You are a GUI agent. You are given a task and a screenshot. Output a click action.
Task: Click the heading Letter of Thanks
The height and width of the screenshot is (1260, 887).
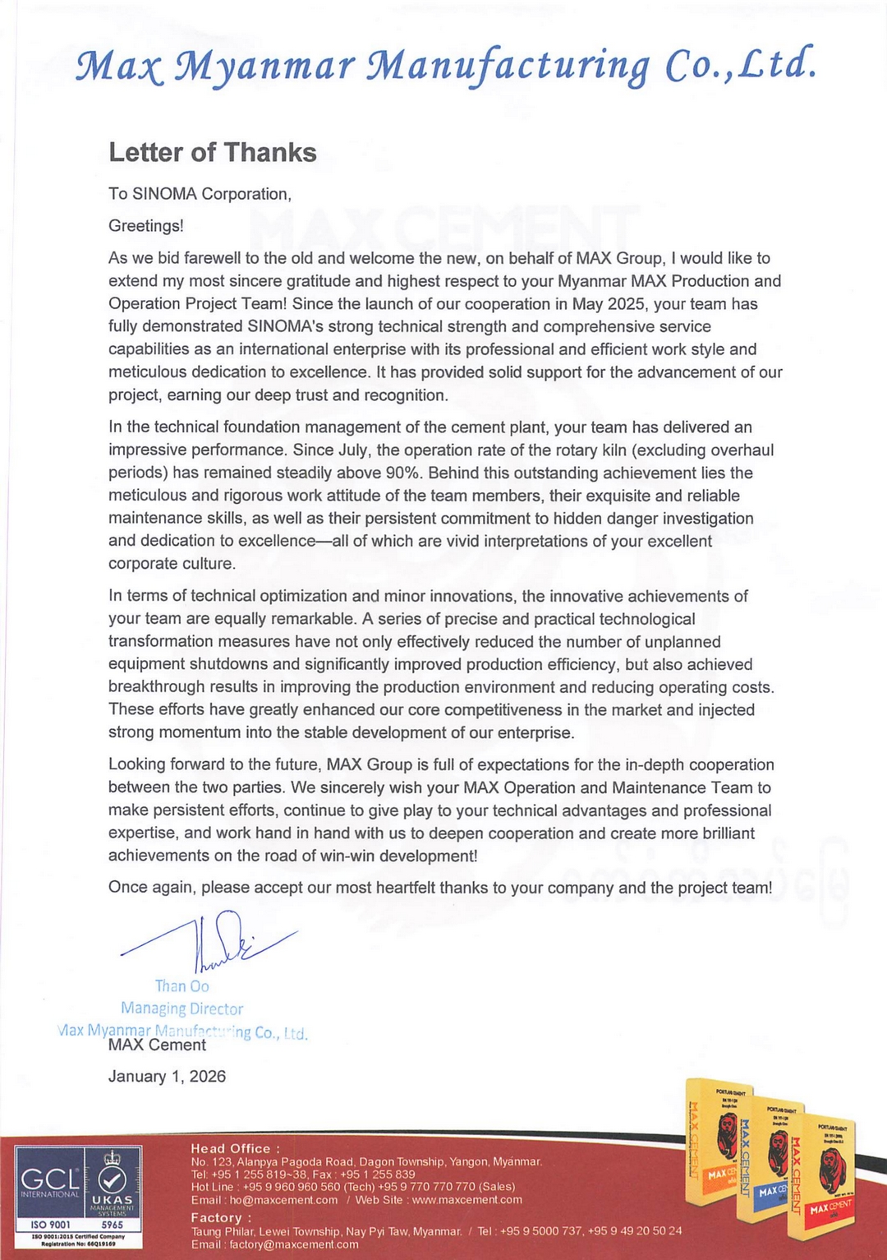[212, 153]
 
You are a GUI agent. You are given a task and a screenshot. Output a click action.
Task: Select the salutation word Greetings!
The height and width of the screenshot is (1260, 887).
[145, 226]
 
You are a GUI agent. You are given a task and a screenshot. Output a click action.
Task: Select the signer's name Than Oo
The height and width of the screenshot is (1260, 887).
[182, 986]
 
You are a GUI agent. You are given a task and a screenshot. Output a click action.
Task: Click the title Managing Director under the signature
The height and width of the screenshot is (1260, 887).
[182, 1008]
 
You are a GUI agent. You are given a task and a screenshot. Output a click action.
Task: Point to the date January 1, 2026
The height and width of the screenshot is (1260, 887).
[167, 1077]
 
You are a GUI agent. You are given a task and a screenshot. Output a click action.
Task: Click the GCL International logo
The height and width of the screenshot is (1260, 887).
[49, 1184]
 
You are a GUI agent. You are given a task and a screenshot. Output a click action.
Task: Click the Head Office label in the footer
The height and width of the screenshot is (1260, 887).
[234, 1148]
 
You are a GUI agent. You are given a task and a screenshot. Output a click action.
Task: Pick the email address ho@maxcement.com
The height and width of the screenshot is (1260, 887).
[283, 1200]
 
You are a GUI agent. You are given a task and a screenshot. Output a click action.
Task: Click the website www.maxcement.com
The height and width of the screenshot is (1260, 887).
[466, 1200]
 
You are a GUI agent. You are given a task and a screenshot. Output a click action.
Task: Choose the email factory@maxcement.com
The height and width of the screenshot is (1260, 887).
[293, 1244]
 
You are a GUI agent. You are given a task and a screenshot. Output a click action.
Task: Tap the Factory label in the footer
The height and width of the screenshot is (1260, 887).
[220, 1217]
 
